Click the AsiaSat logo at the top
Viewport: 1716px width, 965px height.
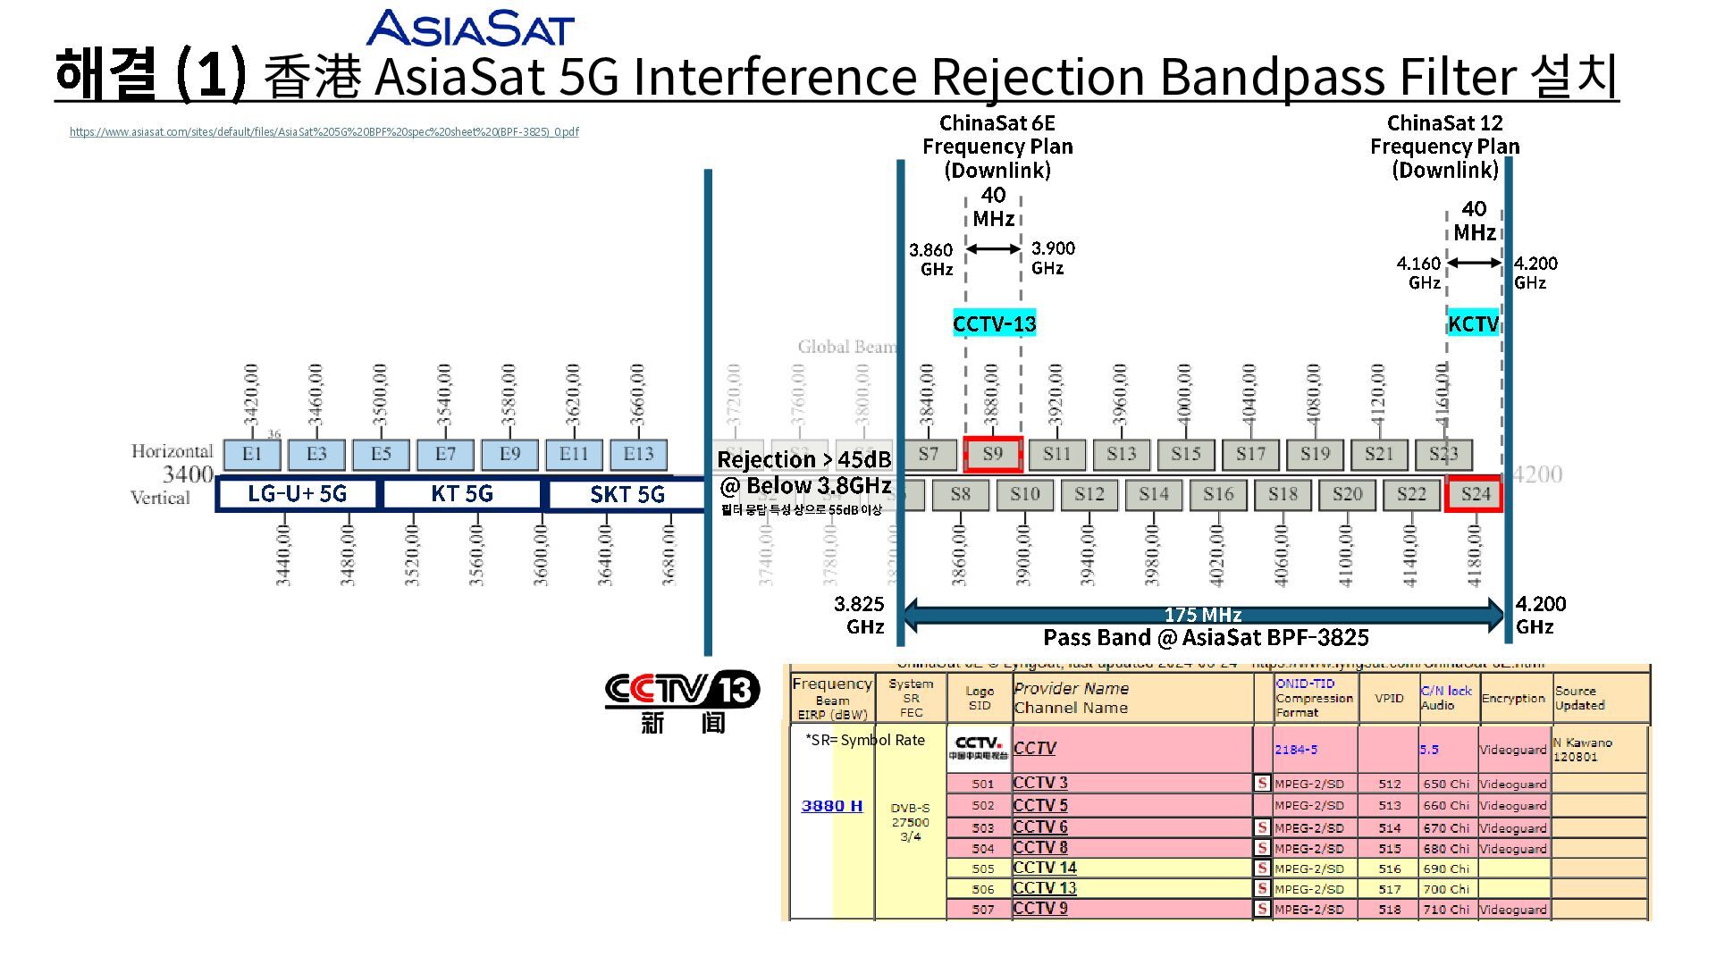point(469,28)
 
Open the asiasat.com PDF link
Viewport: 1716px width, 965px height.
point(324,132)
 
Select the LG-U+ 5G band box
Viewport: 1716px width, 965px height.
point(297,494)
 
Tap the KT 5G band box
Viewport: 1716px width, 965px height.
point(461,494)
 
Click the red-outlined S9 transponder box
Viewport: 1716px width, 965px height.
point(992,454)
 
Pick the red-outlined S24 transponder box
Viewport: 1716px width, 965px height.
point(1475,494)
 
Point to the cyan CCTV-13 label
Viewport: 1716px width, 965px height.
point(994,323)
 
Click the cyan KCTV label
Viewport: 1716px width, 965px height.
point(1473,323)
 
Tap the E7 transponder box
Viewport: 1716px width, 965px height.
point(445,454)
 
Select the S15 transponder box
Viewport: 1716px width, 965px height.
point(1185,454)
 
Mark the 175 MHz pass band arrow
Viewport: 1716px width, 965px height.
point(1203,615)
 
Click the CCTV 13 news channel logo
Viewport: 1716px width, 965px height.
point(682,702)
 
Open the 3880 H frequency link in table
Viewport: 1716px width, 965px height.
point(831,806)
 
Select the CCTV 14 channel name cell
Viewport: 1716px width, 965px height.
point(1045,868)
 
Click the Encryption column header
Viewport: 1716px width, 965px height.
point(1513,699)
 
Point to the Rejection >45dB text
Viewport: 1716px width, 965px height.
point(803,460)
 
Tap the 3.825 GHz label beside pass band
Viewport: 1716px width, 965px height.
point(860,615)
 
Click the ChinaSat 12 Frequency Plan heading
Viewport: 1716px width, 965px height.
point(1444,146)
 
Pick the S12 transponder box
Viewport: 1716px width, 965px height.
point(1089,494)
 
